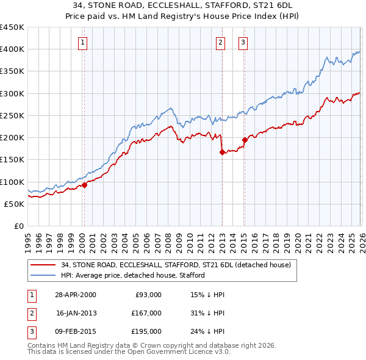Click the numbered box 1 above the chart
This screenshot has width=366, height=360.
click(x=82, y=42)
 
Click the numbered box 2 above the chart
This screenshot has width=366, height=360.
click(x=220, y=42)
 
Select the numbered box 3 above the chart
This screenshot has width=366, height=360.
click(x=243, y=42)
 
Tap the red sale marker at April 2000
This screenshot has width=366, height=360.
click(x=84, y=185)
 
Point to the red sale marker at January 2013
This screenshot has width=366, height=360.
click(x=222, y=153)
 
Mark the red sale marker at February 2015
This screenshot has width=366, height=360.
click(x=245, y=140)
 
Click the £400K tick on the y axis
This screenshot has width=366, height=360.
click(x=12, y=49)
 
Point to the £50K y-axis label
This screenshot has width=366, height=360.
click(x=15, y=204)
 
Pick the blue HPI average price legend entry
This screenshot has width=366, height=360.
click(x=132, y=275)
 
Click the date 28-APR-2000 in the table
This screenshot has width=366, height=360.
click(x=76, y=295)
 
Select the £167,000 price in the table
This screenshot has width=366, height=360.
click(x=148, y=313)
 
